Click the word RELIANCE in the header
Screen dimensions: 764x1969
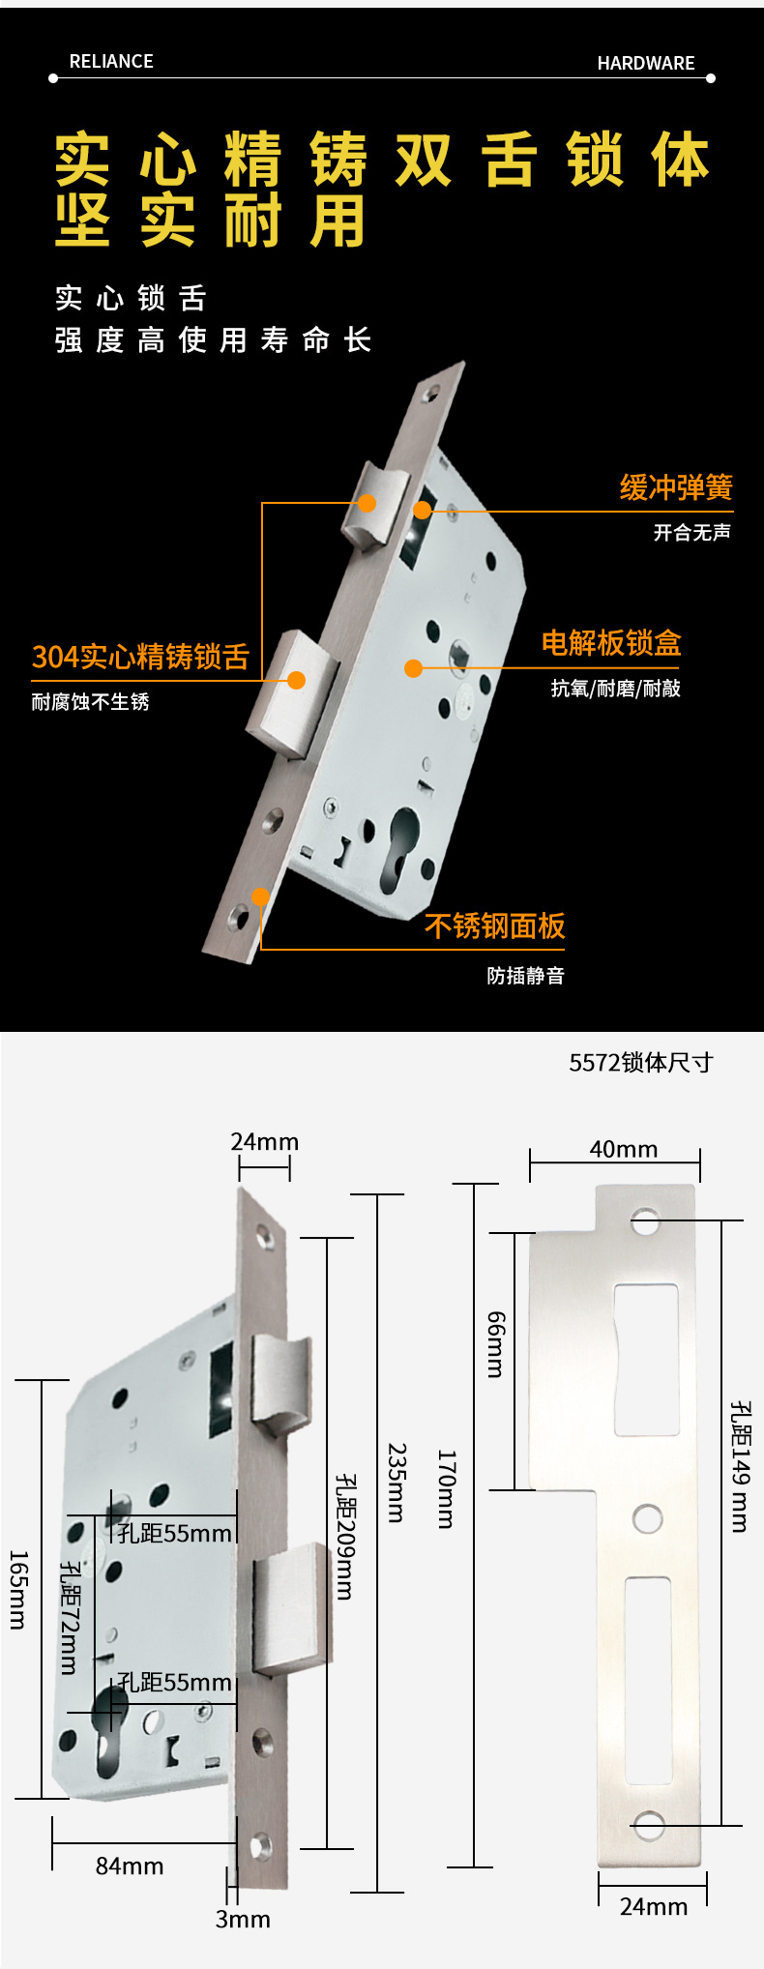click(111, 62)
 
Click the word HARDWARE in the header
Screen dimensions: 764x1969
click(646, 64)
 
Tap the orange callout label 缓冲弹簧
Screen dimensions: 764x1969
click(676, 487)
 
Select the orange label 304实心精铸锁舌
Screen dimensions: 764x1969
click(141, 657)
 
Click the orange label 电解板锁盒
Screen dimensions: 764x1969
click(611, 643)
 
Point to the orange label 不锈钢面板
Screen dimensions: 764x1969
click(495, 926)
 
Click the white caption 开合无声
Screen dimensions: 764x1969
click(692, 532)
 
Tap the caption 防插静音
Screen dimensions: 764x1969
click(526, 976)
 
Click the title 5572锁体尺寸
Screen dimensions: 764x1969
click(641, 1063)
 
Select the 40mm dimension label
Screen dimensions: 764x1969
click(624, 1149)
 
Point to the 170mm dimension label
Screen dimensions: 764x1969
click(446, 1488)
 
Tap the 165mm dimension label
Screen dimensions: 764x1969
click(18, 1590)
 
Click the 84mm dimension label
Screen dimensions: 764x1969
click(130, 1866)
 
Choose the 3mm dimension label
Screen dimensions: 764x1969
click(243, 1920)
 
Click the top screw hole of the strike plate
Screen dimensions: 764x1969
click(645, 1220)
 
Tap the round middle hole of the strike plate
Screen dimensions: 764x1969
click(648, 1518)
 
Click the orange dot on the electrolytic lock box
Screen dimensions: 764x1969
click(413, 668)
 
